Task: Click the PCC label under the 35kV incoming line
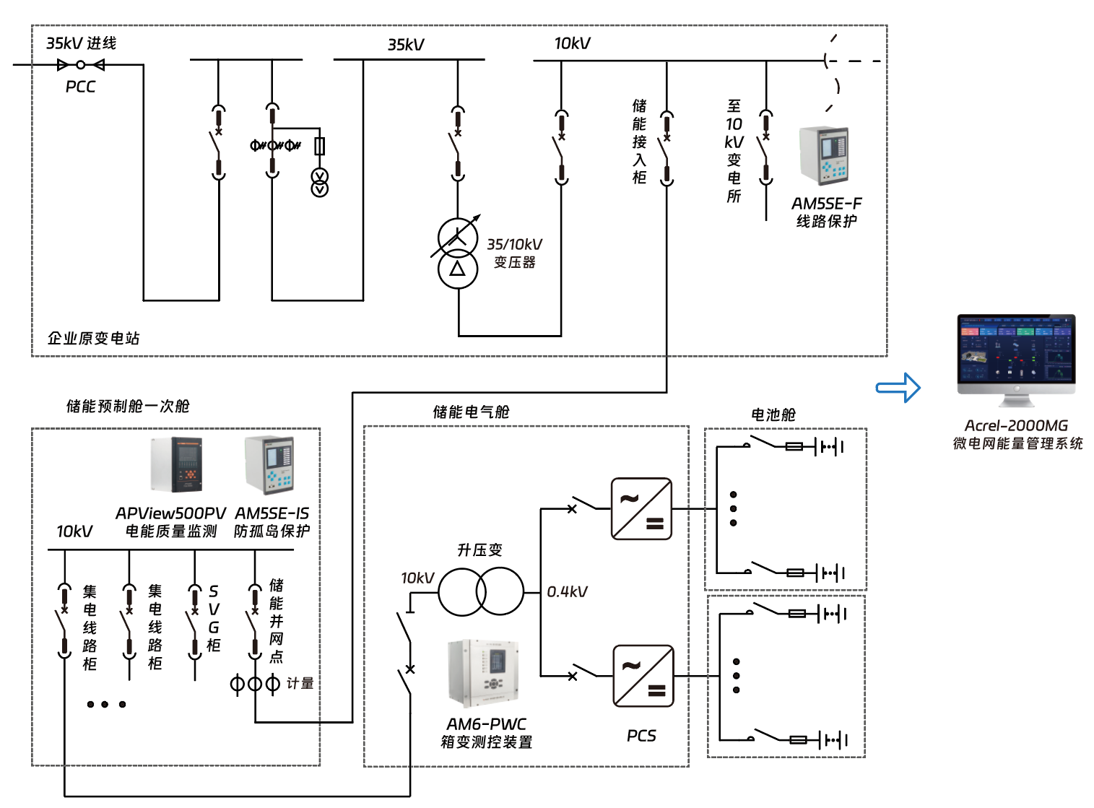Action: [80, 87]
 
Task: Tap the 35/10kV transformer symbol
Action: [457, 253]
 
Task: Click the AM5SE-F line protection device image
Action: [823, 156]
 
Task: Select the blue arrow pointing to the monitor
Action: [898, 388]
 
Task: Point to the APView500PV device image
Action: [176, 464]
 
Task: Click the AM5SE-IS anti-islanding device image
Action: [269, 464]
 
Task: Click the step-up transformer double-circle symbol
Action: [481, 591]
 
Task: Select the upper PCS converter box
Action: [641, 508]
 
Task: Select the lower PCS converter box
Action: [643, 676]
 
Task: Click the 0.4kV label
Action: [567, 592]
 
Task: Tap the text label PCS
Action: [641, 736]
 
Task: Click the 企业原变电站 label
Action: [93, 338]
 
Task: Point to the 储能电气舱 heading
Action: [471, 412]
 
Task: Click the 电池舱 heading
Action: [773, 414]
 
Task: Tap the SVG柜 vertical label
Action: [214, 618]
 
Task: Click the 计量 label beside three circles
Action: [300, 683]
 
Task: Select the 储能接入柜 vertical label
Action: [639, 142]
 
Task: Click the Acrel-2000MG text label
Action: [1016, 426]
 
